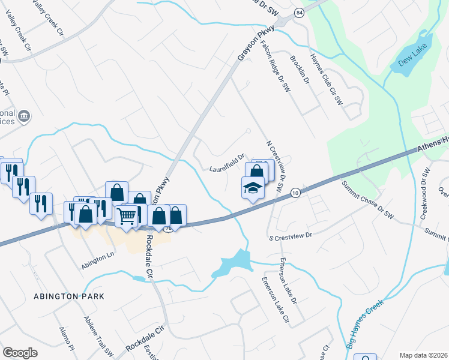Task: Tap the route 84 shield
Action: pos(298,13)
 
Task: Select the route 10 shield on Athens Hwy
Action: pos(294,193)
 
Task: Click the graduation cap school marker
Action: pos(253,188)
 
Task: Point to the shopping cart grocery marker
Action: pos(127,215)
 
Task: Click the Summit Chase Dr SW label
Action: pos(367,199)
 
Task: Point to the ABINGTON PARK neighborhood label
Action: pos(69,296)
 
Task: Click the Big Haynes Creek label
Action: pos(365,325)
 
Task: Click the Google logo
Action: pos(20,353)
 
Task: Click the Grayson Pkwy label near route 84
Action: pos(256,43)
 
